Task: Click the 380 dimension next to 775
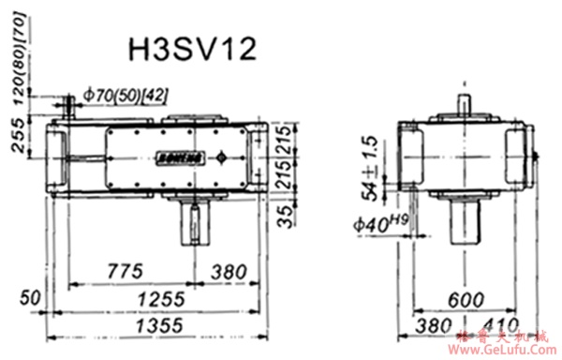point(229,271)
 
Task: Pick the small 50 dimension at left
point(32,298)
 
